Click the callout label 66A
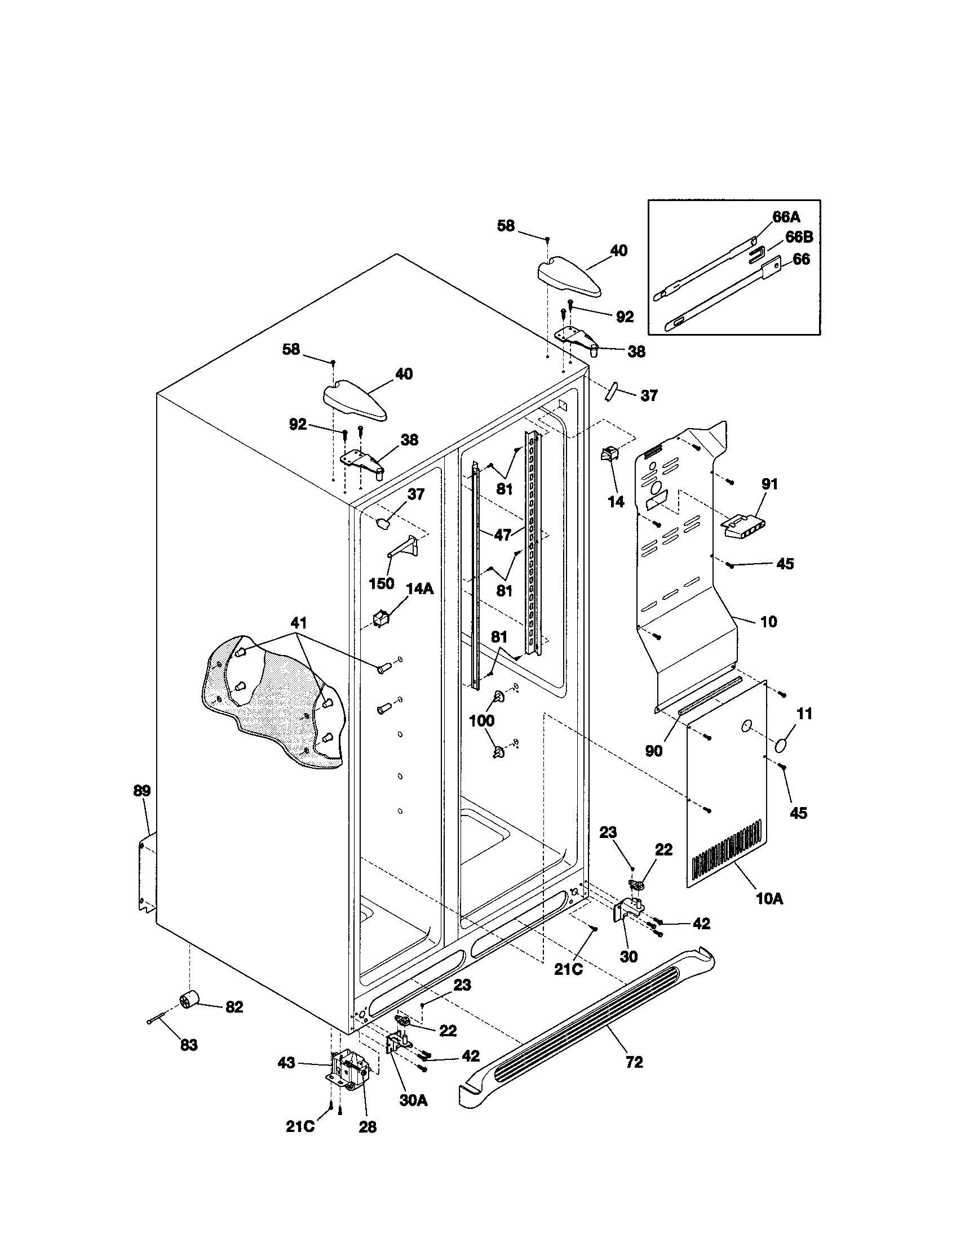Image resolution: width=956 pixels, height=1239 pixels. pos(786,217)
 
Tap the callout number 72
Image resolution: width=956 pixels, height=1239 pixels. pos(634,1062)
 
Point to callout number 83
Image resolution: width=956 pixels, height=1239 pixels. pos(189,1044)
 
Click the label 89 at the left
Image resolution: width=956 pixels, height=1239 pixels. pos(142,790)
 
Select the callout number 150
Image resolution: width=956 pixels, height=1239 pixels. pos(382,583)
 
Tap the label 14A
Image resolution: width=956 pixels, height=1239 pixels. pos(419,589)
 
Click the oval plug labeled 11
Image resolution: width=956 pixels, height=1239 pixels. pos(785,744)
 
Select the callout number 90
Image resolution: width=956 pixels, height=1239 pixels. pos(653,751)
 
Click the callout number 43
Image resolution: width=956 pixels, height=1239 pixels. pos(286,1062)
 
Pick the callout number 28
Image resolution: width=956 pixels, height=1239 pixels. pos(368,1127)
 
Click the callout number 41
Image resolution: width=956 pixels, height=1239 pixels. pos(299,623)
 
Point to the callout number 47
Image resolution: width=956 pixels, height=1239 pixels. pos(502,534)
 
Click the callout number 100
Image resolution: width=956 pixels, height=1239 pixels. pos(481,720)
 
